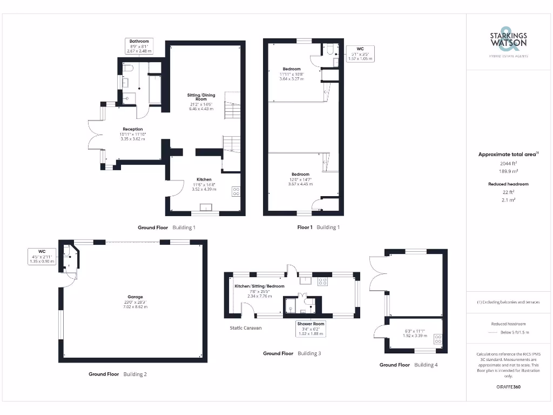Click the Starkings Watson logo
(x=508, y=42)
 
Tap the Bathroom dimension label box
(x=139, y=46)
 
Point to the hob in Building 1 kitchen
(x=236, y=192)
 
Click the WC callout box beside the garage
(x=42, y=256)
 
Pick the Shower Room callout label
(x=311, y=329)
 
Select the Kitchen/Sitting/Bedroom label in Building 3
(x=259, y=290)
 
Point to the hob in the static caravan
(x=323, y=281)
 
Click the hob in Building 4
(x=437, y=339)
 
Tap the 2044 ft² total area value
(x=508, y=163)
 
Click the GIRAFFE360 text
(x=508, y=387)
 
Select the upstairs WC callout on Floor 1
(x=360, y=53)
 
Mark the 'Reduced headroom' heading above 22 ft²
(x=508, y=184)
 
